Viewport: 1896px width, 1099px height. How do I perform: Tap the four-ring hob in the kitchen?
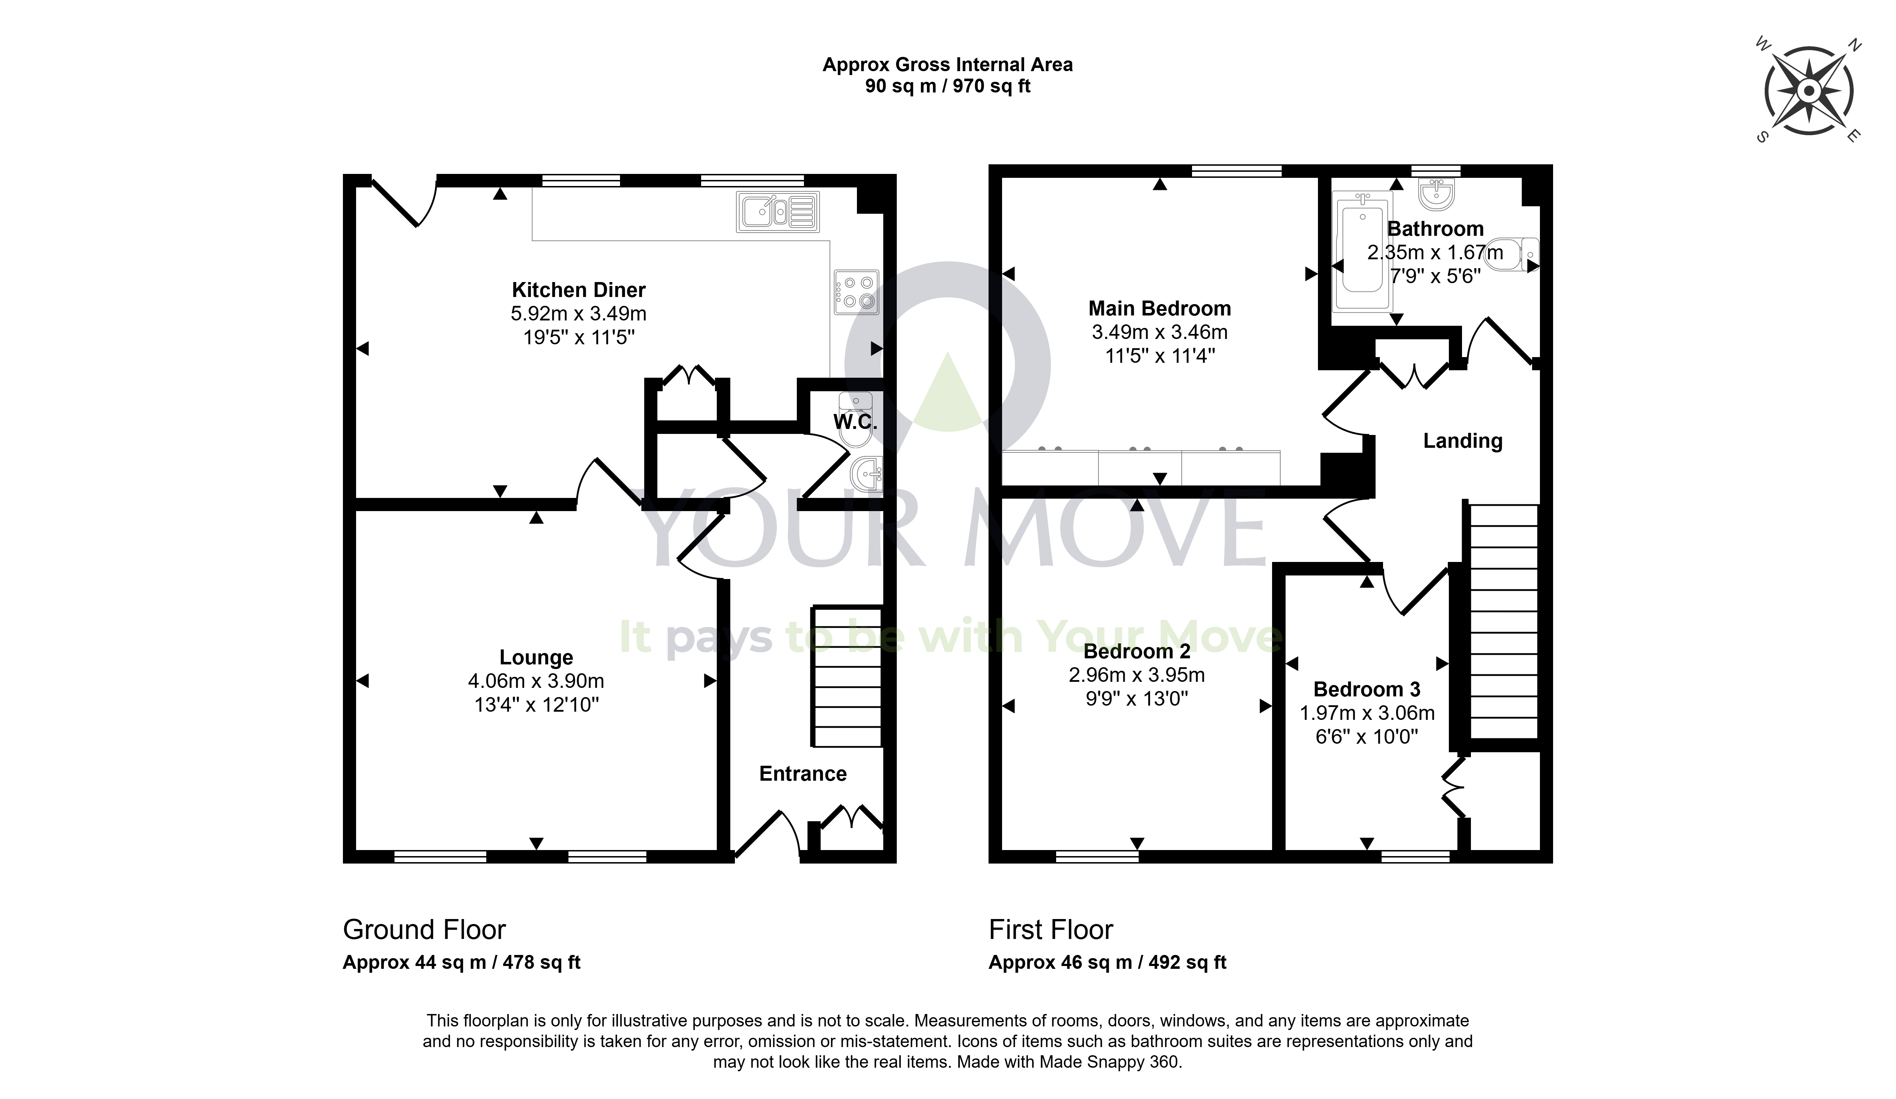[x=856, y=292]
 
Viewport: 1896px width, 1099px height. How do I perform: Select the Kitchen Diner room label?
[x=578, y=290]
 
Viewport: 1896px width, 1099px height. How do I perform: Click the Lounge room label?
[x=536, y=658]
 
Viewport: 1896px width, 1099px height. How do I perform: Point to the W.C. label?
[x=856, y=421]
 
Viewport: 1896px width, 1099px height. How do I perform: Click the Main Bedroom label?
[x=1159, y=308]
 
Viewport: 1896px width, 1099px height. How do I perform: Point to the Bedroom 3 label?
[x=1367, y=689]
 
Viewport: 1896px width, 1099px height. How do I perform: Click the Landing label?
[x=1463, y=441]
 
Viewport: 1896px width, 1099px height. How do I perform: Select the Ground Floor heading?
[x=424, y=930]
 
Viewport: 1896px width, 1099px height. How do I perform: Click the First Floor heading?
[x=1050, y=930]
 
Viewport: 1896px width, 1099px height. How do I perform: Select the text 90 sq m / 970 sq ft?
[x=947, y=86]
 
